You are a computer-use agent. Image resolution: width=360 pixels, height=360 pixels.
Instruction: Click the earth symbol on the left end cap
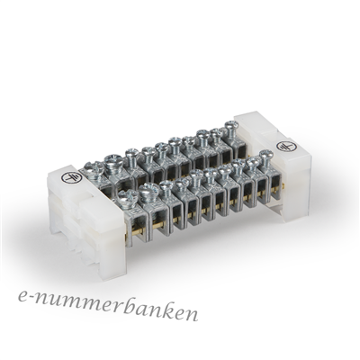[x=72, y=177]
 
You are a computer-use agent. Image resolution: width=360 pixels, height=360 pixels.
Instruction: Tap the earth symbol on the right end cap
[x=286, y=147]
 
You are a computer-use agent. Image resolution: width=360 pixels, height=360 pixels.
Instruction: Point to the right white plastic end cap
[x=273, y=166]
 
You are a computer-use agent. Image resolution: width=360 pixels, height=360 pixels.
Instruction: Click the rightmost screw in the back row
[x=230, y=129]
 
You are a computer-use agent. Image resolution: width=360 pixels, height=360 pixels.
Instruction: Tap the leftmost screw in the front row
[x=127, y=198]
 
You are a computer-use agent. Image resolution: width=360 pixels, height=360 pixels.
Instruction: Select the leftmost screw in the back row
[x=94, y=168]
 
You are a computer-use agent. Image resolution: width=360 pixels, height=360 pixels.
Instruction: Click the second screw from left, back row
[x=113, y=163]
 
